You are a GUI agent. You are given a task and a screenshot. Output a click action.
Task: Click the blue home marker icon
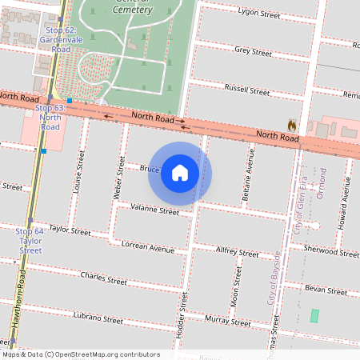point(180,173)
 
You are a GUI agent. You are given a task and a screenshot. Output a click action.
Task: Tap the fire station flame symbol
point(292,126)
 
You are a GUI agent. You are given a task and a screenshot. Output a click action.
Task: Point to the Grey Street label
point(253,50)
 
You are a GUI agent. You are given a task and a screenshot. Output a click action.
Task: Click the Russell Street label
point(247,88)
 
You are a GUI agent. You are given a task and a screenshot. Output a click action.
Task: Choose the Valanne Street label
point(155,211)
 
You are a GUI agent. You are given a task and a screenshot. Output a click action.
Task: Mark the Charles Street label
point(104,279)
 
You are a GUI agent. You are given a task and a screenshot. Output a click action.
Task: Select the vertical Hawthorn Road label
point(23,295)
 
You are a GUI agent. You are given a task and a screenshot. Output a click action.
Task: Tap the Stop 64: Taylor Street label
point(30,240)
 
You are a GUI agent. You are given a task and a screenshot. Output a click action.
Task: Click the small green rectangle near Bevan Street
point(314,316)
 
